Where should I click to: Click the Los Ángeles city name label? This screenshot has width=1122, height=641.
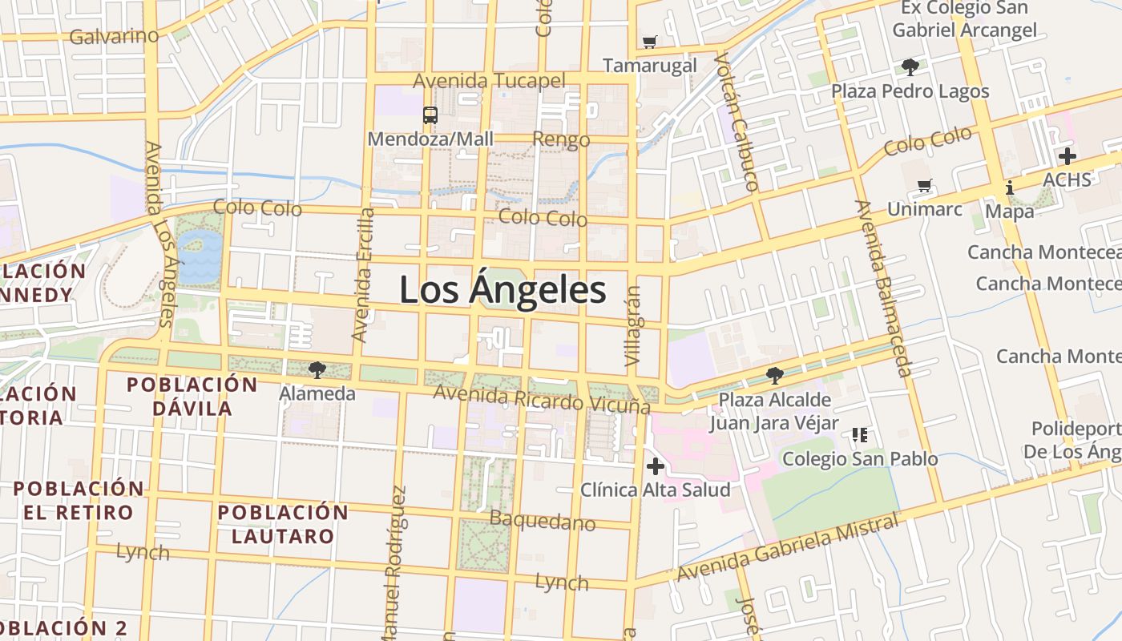(x=502, y=290)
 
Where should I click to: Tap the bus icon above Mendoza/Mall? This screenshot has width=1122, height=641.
(x=430, y=115)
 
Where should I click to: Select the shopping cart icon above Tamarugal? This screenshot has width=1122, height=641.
(x=650, y=41)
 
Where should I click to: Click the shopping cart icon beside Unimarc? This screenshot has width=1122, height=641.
(x=925, y=186)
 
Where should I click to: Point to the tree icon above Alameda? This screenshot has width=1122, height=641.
(x=317, y=369)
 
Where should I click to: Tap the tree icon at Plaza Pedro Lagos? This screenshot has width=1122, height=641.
(x=910, y=67)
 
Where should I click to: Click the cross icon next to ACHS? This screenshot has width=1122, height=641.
(x=1067, y=155)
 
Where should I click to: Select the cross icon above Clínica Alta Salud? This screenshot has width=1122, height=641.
(x=656, y=466)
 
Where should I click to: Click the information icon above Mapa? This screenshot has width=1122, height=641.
(x=1009, y=188)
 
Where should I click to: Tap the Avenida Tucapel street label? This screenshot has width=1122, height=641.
(x=489, y=81)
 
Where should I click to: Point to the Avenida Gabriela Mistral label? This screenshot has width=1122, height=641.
(x=788, y=548)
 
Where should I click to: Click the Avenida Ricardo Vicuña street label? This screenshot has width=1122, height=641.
(x=542, y=399)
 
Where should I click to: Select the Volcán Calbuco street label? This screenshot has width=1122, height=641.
(x=735, y=122)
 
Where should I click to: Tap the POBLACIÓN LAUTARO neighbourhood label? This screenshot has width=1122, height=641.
(x=283, y=524)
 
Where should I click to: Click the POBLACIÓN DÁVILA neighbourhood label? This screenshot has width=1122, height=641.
(x=192, y=396)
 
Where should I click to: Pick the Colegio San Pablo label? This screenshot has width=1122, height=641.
(x=859, y=459)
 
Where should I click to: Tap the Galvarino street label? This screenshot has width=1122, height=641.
(x=114, y=37)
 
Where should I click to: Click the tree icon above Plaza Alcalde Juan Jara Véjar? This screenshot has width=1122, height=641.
(x=774, y=374)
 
